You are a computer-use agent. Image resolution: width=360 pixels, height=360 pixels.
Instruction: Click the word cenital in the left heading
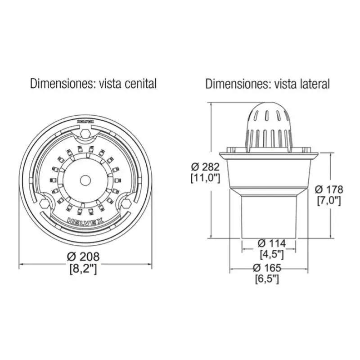pyautogui.click(x=140, y=84)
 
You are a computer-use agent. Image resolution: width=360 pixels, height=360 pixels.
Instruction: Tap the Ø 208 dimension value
pyautogui.click(x=83, y=256)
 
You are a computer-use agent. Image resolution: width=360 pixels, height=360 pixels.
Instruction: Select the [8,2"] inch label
pyautogui.click(x=83, y=269)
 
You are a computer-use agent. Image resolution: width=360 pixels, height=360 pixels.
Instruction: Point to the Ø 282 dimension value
pyautogui.click(x=205, y=167)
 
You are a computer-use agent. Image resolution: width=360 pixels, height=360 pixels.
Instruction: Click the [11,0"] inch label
pyautogui.click(x=205, y=178)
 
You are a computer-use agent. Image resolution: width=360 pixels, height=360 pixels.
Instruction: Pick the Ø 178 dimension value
pyautogui.click(x=329, y=189)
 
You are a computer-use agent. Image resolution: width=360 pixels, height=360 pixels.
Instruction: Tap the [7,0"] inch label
pyautogui.click(x=329, y=201)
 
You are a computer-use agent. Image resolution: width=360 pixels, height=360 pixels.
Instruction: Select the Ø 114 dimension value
pyautogui.click(x=272, y=243)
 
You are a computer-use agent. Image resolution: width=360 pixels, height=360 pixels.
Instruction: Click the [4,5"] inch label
pyautogui.click(x=272, y=254)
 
